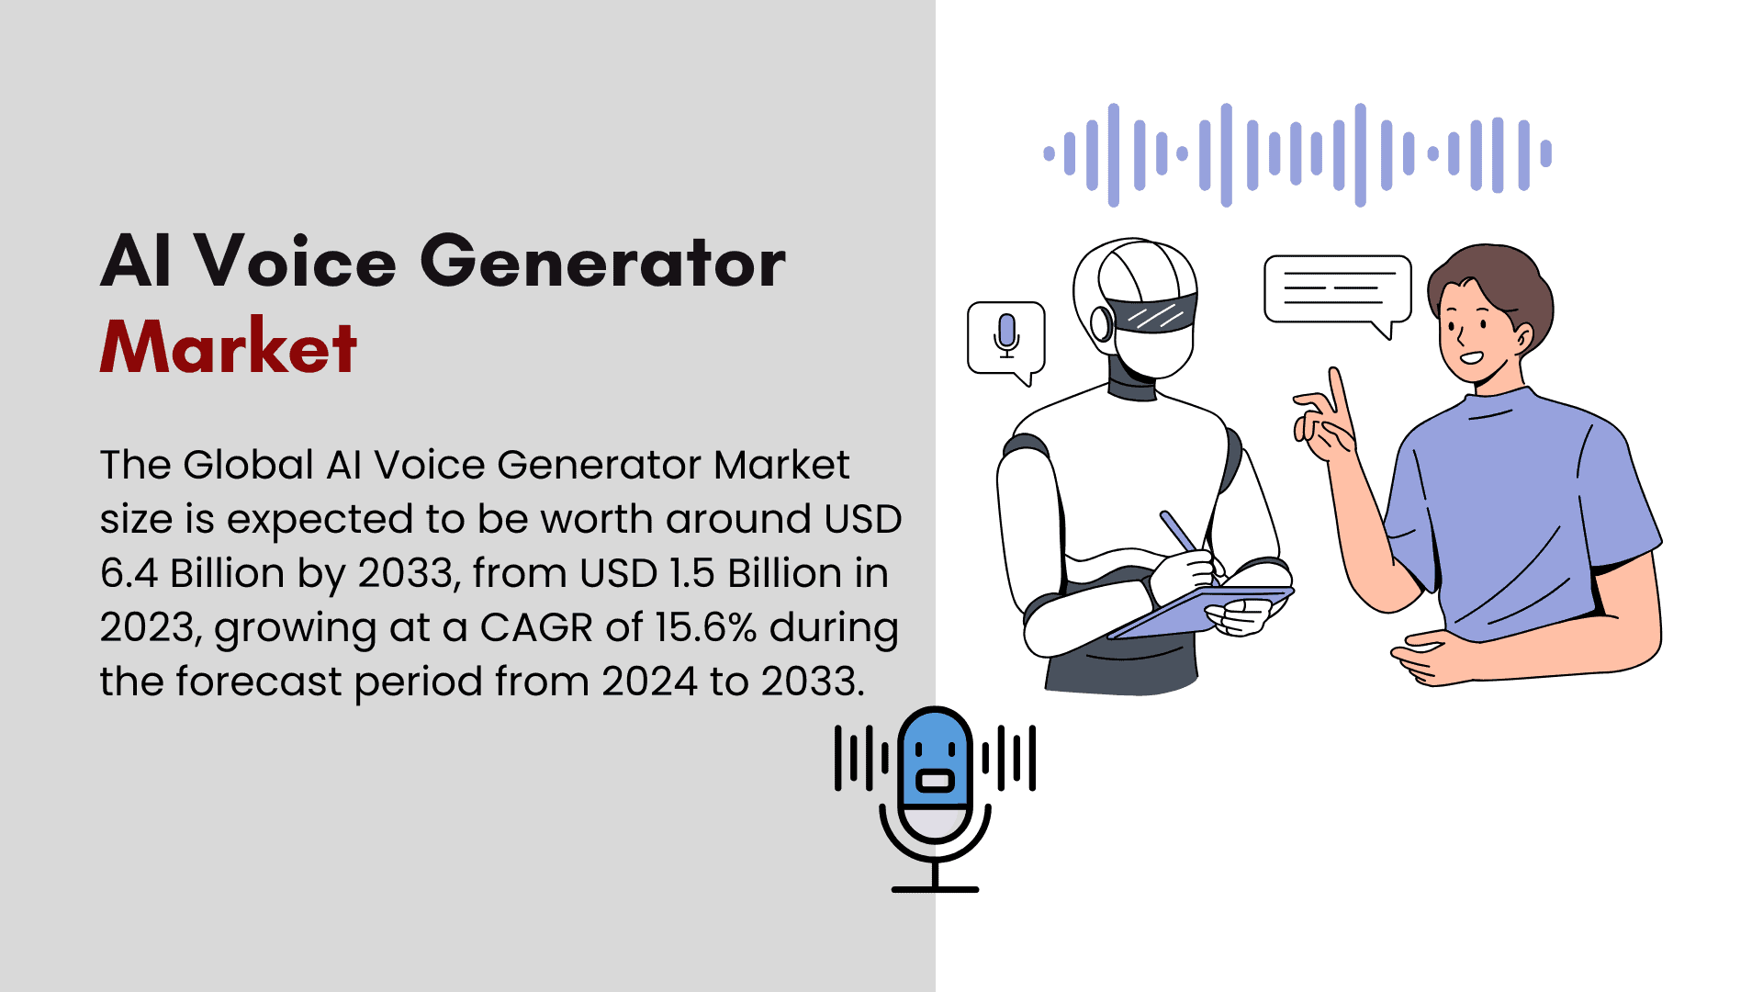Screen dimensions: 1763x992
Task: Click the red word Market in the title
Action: pos(228,346)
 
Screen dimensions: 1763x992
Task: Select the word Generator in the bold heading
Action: pos(603,261)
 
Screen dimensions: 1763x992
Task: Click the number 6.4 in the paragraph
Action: pos(129,573)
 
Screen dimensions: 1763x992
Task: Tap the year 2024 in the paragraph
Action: pos(649,682)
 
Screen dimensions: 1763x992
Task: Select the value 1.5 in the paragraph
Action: pos(691,573)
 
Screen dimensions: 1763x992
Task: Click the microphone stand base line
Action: pos(935,889)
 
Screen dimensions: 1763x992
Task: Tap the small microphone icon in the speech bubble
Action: pos(1007,334)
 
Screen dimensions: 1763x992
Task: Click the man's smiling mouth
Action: pos(1471,357)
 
